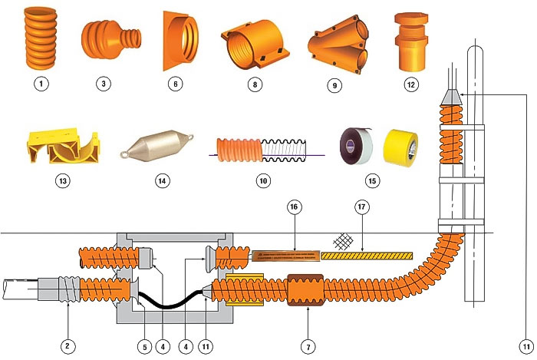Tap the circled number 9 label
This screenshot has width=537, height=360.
tap(334, 85)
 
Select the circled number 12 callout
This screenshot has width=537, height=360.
tap(413, 84)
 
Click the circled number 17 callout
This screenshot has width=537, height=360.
tap(362, 207)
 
